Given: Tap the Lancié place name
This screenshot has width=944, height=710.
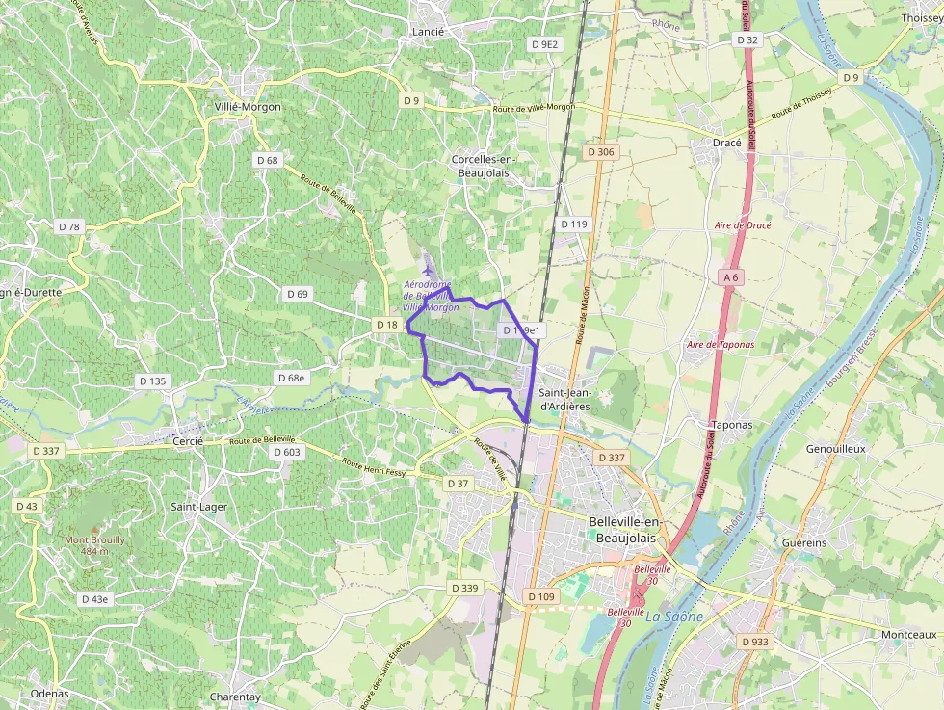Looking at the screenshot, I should [427, 32].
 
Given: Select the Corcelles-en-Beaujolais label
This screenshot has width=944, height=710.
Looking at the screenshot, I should [484, 166].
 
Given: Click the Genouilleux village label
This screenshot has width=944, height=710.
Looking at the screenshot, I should [836, 449].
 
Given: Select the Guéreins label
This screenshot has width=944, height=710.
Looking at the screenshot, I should [805, 543].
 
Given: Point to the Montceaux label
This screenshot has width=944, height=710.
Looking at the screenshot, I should [908, 635].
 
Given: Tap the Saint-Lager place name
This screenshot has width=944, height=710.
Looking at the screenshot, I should [198, 506].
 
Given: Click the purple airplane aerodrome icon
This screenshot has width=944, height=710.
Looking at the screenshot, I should [428, 271].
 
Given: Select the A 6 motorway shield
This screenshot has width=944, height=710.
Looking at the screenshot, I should [731, 276].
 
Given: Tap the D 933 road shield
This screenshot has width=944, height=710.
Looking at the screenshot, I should [754, 641].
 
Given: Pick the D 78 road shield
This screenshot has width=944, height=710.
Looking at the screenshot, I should [69, 226].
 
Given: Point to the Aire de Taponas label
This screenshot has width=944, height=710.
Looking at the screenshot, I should [721, 344].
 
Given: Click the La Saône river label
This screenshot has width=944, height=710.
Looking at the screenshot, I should [674, 616].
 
